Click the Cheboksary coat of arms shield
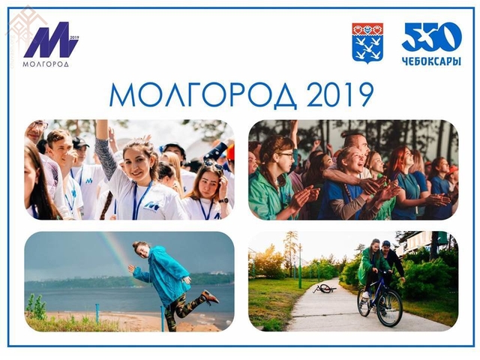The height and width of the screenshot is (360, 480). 367,43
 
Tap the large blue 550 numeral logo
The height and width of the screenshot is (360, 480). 431,37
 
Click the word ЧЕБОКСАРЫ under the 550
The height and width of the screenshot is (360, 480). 431,61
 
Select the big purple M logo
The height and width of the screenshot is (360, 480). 50,40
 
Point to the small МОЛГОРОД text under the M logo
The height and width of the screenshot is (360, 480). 46,64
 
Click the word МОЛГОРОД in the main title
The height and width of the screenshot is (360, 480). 203,95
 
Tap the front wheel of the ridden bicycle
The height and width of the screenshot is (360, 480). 389,308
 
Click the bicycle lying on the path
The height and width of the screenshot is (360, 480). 324,288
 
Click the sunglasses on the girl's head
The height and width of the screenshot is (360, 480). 213,165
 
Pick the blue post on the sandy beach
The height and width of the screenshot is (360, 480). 97,313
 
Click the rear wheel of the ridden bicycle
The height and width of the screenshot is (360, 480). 364,302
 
